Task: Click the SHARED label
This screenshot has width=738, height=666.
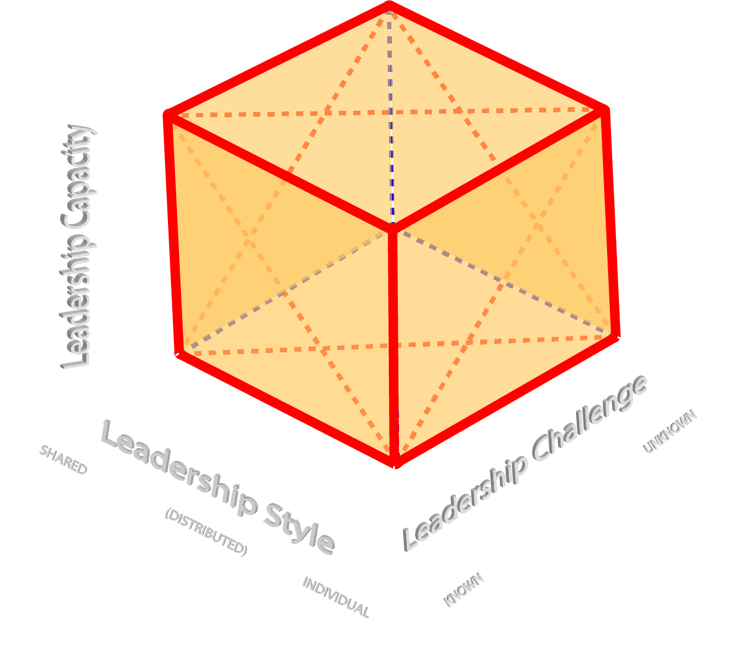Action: tap(63, 459)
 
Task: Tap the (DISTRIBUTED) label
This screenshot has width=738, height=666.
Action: tap(206, 531)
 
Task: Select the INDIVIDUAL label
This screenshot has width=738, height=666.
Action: tap(336, 597)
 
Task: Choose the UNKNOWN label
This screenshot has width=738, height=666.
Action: tap(670, 431)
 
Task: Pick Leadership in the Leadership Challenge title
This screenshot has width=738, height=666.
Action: tap(464, 502)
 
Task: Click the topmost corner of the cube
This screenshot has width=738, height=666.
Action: tap(388, 6)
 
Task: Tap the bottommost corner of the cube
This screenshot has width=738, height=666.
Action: tap(395, 462)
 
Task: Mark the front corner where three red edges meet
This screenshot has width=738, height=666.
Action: tap(393, 229)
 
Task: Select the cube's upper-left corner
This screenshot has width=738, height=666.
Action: tap(169, 115)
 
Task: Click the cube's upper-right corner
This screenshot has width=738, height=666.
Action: tap(604, 111)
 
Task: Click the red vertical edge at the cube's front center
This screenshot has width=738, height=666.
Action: tap(393, 345)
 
